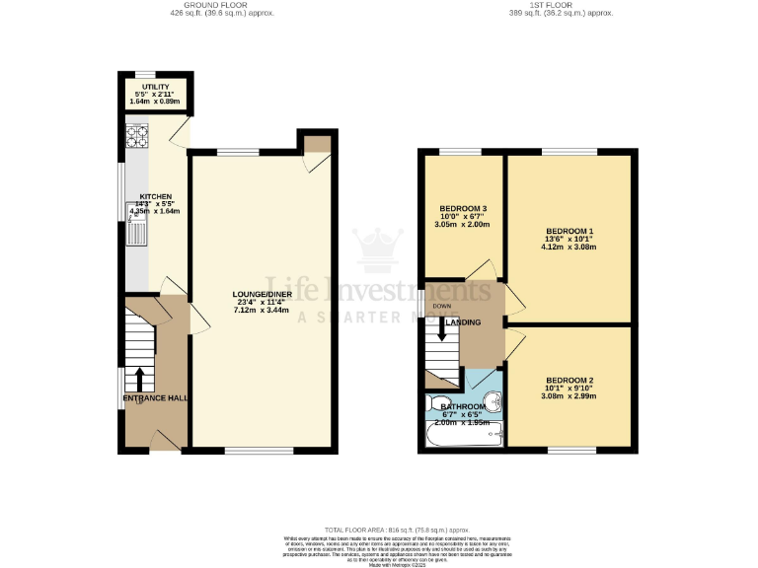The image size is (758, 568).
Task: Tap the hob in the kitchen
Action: (x=135, y=137)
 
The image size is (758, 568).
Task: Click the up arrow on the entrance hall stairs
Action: (x=139, y=379)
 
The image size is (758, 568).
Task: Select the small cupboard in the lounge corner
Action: (x=315, y=144)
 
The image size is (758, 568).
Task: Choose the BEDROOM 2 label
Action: (x=569, y=381)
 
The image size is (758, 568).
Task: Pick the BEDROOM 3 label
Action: (x=463, y=209)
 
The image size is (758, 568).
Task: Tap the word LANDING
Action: (x=464, y=322)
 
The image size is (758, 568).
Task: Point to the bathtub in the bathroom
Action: (x=464, y=435)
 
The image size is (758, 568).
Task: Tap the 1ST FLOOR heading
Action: (x=560, y=6)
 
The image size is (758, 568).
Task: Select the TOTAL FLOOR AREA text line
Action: (x=379, y=530)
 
